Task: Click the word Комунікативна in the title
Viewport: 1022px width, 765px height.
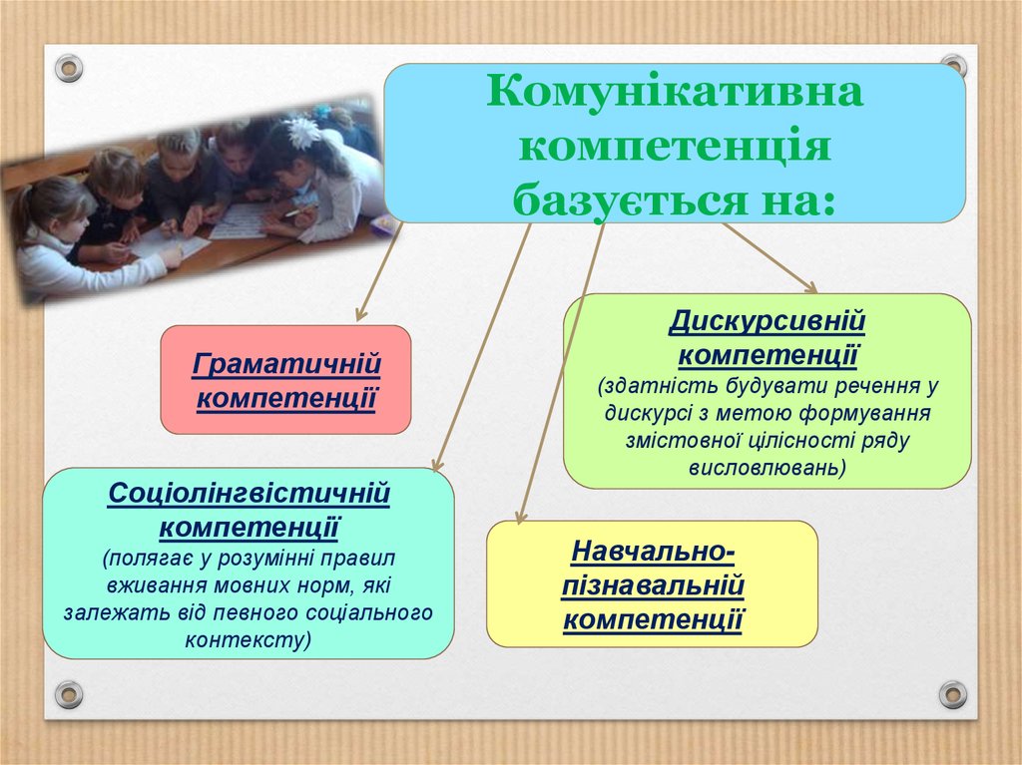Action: (675, 91)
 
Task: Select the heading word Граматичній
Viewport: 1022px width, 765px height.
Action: (286, 364)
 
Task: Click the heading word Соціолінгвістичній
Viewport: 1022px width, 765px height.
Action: (249, 493)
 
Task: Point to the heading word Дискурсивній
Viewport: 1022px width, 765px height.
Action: (767, 321)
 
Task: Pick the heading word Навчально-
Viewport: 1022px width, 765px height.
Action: (653, 552)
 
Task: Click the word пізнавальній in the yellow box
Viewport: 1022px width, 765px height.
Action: (653, 585)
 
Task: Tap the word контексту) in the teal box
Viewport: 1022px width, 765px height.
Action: (249, 640)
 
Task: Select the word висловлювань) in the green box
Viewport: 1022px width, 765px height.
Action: (767, 468)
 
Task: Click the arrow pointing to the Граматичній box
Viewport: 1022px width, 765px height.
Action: (378, 271)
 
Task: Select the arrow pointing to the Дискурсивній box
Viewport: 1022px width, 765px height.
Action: (769, 258)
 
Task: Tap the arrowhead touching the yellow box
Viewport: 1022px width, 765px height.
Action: (519, 517)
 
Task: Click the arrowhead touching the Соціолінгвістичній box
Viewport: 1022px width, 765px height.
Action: (437, 464)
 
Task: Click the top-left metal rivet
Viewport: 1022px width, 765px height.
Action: (69, 68)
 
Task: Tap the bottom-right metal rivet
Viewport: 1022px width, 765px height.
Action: (952, 694)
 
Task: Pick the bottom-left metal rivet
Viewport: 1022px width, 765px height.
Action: (69, 694)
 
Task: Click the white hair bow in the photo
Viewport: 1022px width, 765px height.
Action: (304, 133)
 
